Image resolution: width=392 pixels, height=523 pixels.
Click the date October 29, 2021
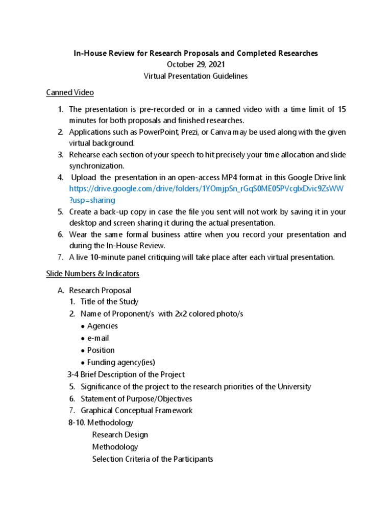point(195,64)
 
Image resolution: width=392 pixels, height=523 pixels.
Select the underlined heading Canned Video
point(70,92)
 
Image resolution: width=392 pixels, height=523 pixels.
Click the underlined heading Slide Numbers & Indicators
point(92,274)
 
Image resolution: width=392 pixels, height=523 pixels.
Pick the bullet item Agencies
point(102,326)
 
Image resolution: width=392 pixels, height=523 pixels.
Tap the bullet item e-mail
point(98,338)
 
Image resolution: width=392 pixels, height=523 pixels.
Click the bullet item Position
point(101,350)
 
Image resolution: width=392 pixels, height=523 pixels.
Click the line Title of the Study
point(109,301)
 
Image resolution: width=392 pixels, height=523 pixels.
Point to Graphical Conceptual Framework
point(136,411)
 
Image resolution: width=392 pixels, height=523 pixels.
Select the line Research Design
point(120,435)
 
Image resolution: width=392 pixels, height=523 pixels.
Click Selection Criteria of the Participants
point(152,459)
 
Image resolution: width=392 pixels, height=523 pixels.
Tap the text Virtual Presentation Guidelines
point(195,76)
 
